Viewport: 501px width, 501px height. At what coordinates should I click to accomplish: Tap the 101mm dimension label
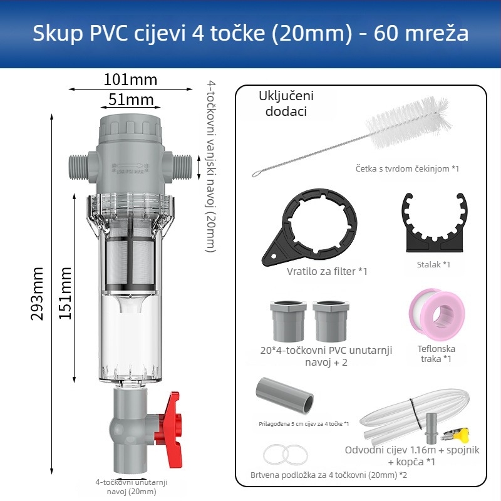coord(130,80)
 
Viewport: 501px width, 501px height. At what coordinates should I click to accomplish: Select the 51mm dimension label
coord(131,100)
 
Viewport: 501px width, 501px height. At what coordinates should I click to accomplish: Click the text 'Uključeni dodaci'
coord(286,104)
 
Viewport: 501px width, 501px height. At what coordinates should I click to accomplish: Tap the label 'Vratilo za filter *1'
coord(327,271)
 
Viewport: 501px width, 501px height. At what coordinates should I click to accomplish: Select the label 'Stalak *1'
coord(433,265)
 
